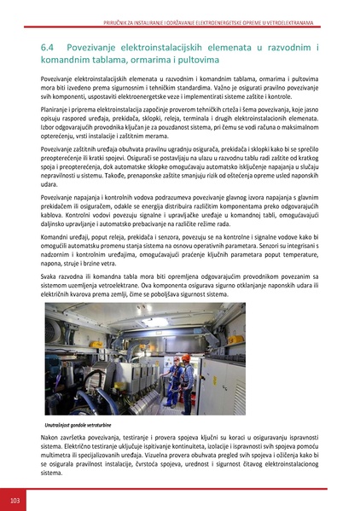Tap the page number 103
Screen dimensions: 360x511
tap(15, 498)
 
